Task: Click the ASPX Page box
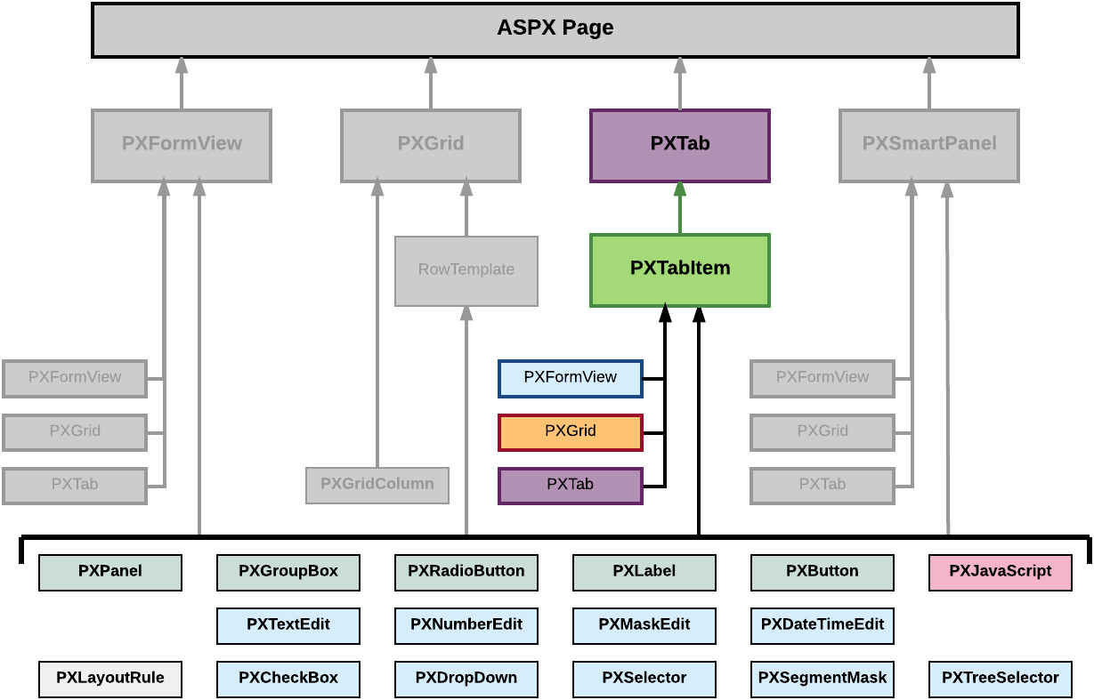click(x=555, y=29)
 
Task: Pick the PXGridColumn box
click(x=377, y=485)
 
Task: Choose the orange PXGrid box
click(x=570, y=431)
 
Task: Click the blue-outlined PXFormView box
click(x=570, y=378)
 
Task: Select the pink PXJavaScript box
click(x=1000, y=572)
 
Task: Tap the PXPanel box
click(x=110, y=572)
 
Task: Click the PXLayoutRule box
click(x=110, y=679)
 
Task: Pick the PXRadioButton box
click(x=466, y=572)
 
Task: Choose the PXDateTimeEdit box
click(x=823, y=625)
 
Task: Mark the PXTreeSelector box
click(x=1000, y=679)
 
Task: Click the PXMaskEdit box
click(x=644, y=625)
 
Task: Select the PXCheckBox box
click(x=288, y=679)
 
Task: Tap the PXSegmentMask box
click(x=823, y=679)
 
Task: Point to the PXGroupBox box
click(x=288, y=572)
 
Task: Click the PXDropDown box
click(x=466, y=679)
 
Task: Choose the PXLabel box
click(x=644, y=572)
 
